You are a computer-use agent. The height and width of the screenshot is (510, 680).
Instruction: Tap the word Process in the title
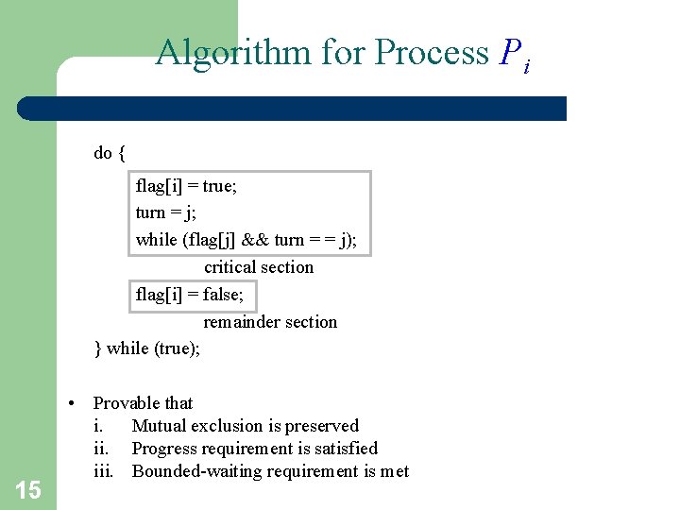point(432,53)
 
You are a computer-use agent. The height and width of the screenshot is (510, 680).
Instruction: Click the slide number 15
point(28,489)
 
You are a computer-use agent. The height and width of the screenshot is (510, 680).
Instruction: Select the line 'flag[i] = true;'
point(186,186)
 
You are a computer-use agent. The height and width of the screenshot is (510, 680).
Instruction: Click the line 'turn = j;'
point(165,212)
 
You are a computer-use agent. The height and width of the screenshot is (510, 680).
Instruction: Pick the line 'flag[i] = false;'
point(189,295)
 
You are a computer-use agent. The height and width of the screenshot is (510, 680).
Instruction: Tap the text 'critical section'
point(259,267)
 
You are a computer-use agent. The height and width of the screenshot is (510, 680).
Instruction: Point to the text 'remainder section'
point(270,322)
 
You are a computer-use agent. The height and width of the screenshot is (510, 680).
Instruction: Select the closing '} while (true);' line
point(147,348)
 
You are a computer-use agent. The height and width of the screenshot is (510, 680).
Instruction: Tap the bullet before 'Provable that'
point(72,403)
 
